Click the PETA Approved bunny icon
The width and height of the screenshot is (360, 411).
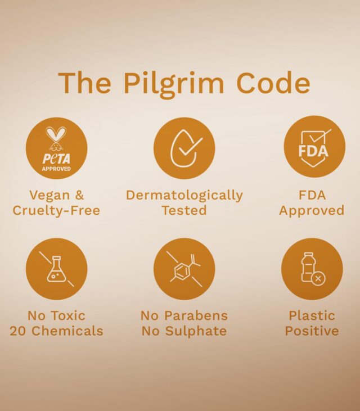pos(56,148)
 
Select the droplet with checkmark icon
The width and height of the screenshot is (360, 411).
pos(184,148)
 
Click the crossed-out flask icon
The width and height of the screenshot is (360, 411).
pos(56,269)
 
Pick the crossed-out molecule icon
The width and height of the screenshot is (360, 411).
pos(184,269)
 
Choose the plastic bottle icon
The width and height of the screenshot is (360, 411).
pos(312,269)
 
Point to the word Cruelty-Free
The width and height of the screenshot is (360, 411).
pos(56,210)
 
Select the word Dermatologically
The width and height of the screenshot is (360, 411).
pos(184,195)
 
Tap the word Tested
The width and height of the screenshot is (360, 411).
pos(184,210)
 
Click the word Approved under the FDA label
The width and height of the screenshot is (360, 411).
pos(312,210)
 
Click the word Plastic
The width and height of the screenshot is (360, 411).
pos(312,315)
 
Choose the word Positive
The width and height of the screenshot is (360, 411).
pos(312,331)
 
